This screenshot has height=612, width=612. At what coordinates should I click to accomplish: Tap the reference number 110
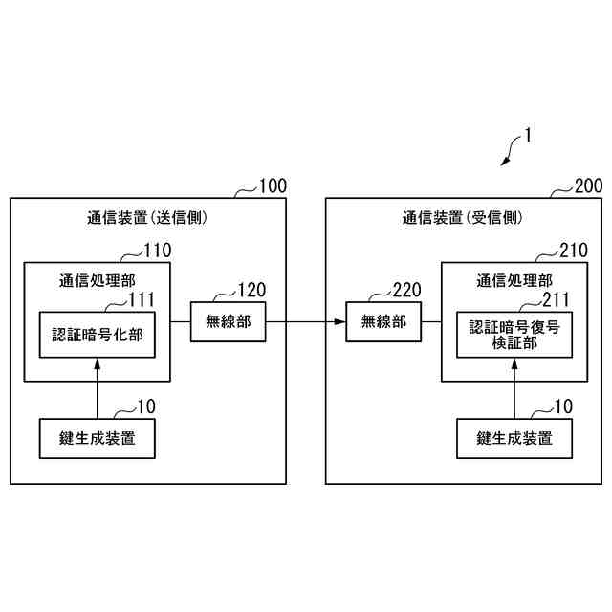coord(157,251)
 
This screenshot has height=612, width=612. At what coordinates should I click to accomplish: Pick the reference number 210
coord(574,251)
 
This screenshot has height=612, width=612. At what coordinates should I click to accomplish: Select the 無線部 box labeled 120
coord(229,321)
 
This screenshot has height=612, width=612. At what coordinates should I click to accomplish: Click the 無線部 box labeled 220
coord(383,321)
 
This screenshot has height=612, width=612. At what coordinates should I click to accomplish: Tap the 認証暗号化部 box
coord(97,335)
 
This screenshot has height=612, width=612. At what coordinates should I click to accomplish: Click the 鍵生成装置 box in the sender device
coord(97,438)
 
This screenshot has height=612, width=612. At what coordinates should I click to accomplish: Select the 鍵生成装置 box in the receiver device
coord(514,438)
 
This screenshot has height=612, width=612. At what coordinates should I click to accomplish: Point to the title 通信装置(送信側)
coord(141,218)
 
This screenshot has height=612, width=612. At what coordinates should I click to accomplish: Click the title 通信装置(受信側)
coord(462,218)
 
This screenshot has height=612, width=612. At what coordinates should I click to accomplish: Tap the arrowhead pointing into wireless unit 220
coord(341,321)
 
